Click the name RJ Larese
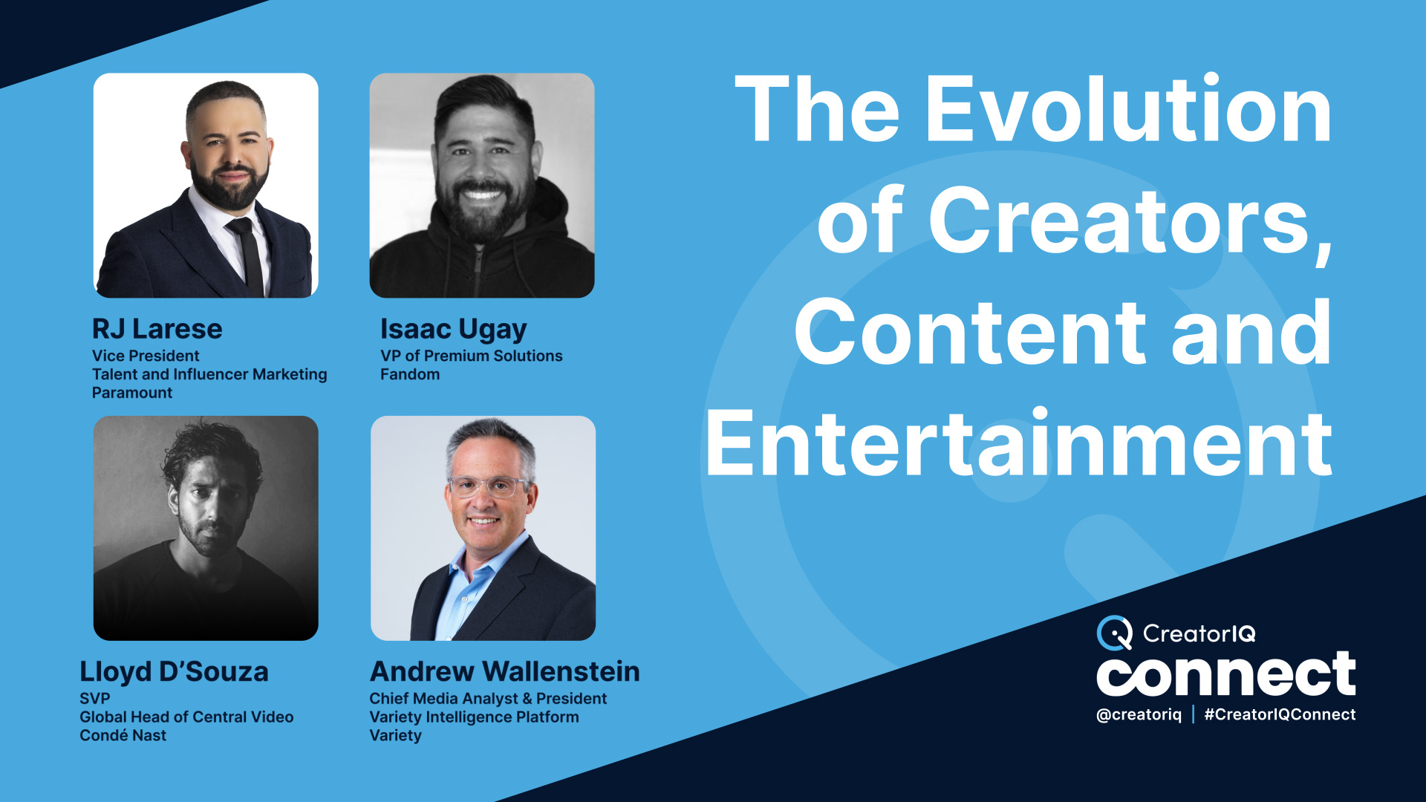point(157,329)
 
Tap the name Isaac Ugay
point(453,329)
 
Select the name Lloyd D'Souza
point(174,672)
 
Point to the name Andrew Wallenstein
point(504,672)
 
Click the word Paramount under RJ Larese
point(131,393)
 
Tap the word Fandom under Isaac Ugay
point(409,374)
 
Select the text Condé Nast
point(123,735)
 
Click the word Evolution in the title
point(1129,110)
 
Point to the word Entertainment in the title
point(1018,444)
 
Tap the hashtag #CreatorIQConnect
point(1279,714)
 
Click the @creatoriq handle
point(1139,714)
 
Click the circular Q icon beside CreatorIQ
point(1114,633)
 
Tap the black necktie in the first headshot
point(248,256)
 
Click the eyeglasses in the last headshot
point(486,487)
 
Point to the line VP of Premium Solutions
point(471,356)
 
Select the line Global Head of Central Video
point(186,717)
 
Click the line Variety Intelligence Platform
point(474,717)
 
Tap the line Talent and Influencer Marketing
point(209,374)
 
